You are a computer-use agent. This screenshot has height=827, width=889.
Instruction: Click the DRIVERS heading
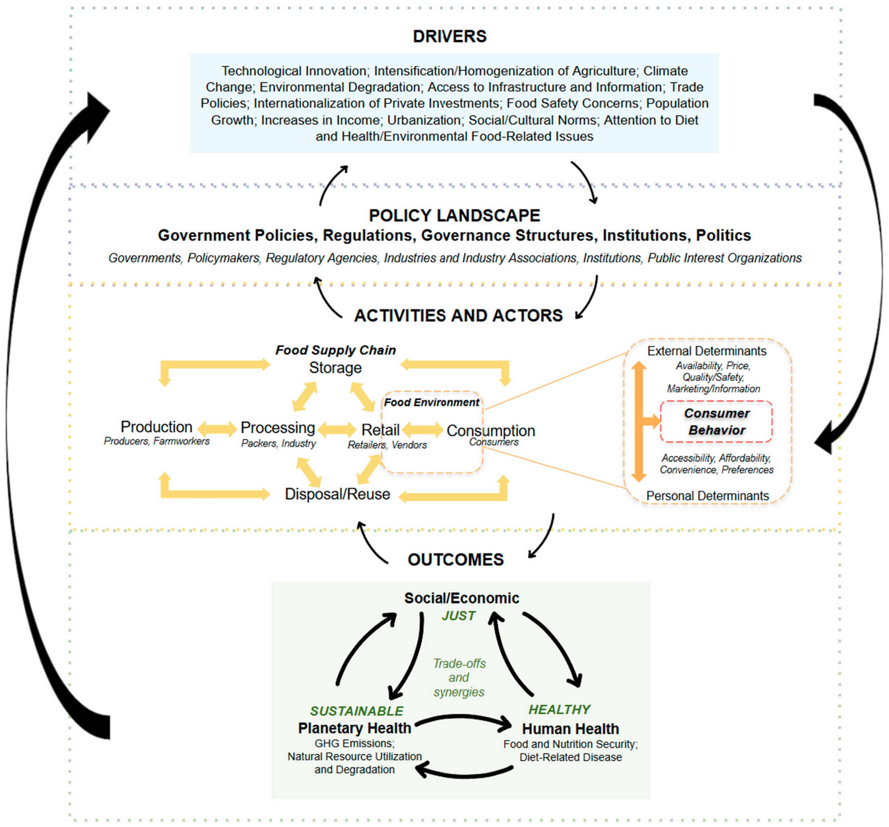[x=449, y=36]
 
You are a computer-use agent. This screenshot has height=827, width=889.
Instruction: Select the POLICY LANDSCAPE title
[x=454, y=215]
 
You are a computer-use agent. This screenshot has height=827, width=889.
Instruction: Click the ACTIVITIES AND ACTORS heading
[x=458, y=316]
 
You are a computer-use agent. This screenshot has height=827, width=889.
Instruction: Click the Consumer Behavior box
[x=716, y=421]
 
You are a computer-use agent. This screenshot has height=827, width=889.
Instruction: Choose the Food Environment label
[x=432, y=402]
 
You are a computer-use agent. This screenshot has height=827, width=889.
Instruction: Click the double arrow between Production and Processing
[x=217, y=429]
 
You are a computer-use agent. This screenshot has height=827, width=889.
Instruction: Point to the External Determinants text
[x=707, y=351]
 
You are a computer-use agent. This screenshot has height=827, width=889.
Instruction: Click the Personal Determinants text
[x=707, y=496]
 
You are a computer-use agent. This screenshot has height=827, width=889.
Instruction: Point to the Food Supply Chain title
[x=335, y=350]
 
